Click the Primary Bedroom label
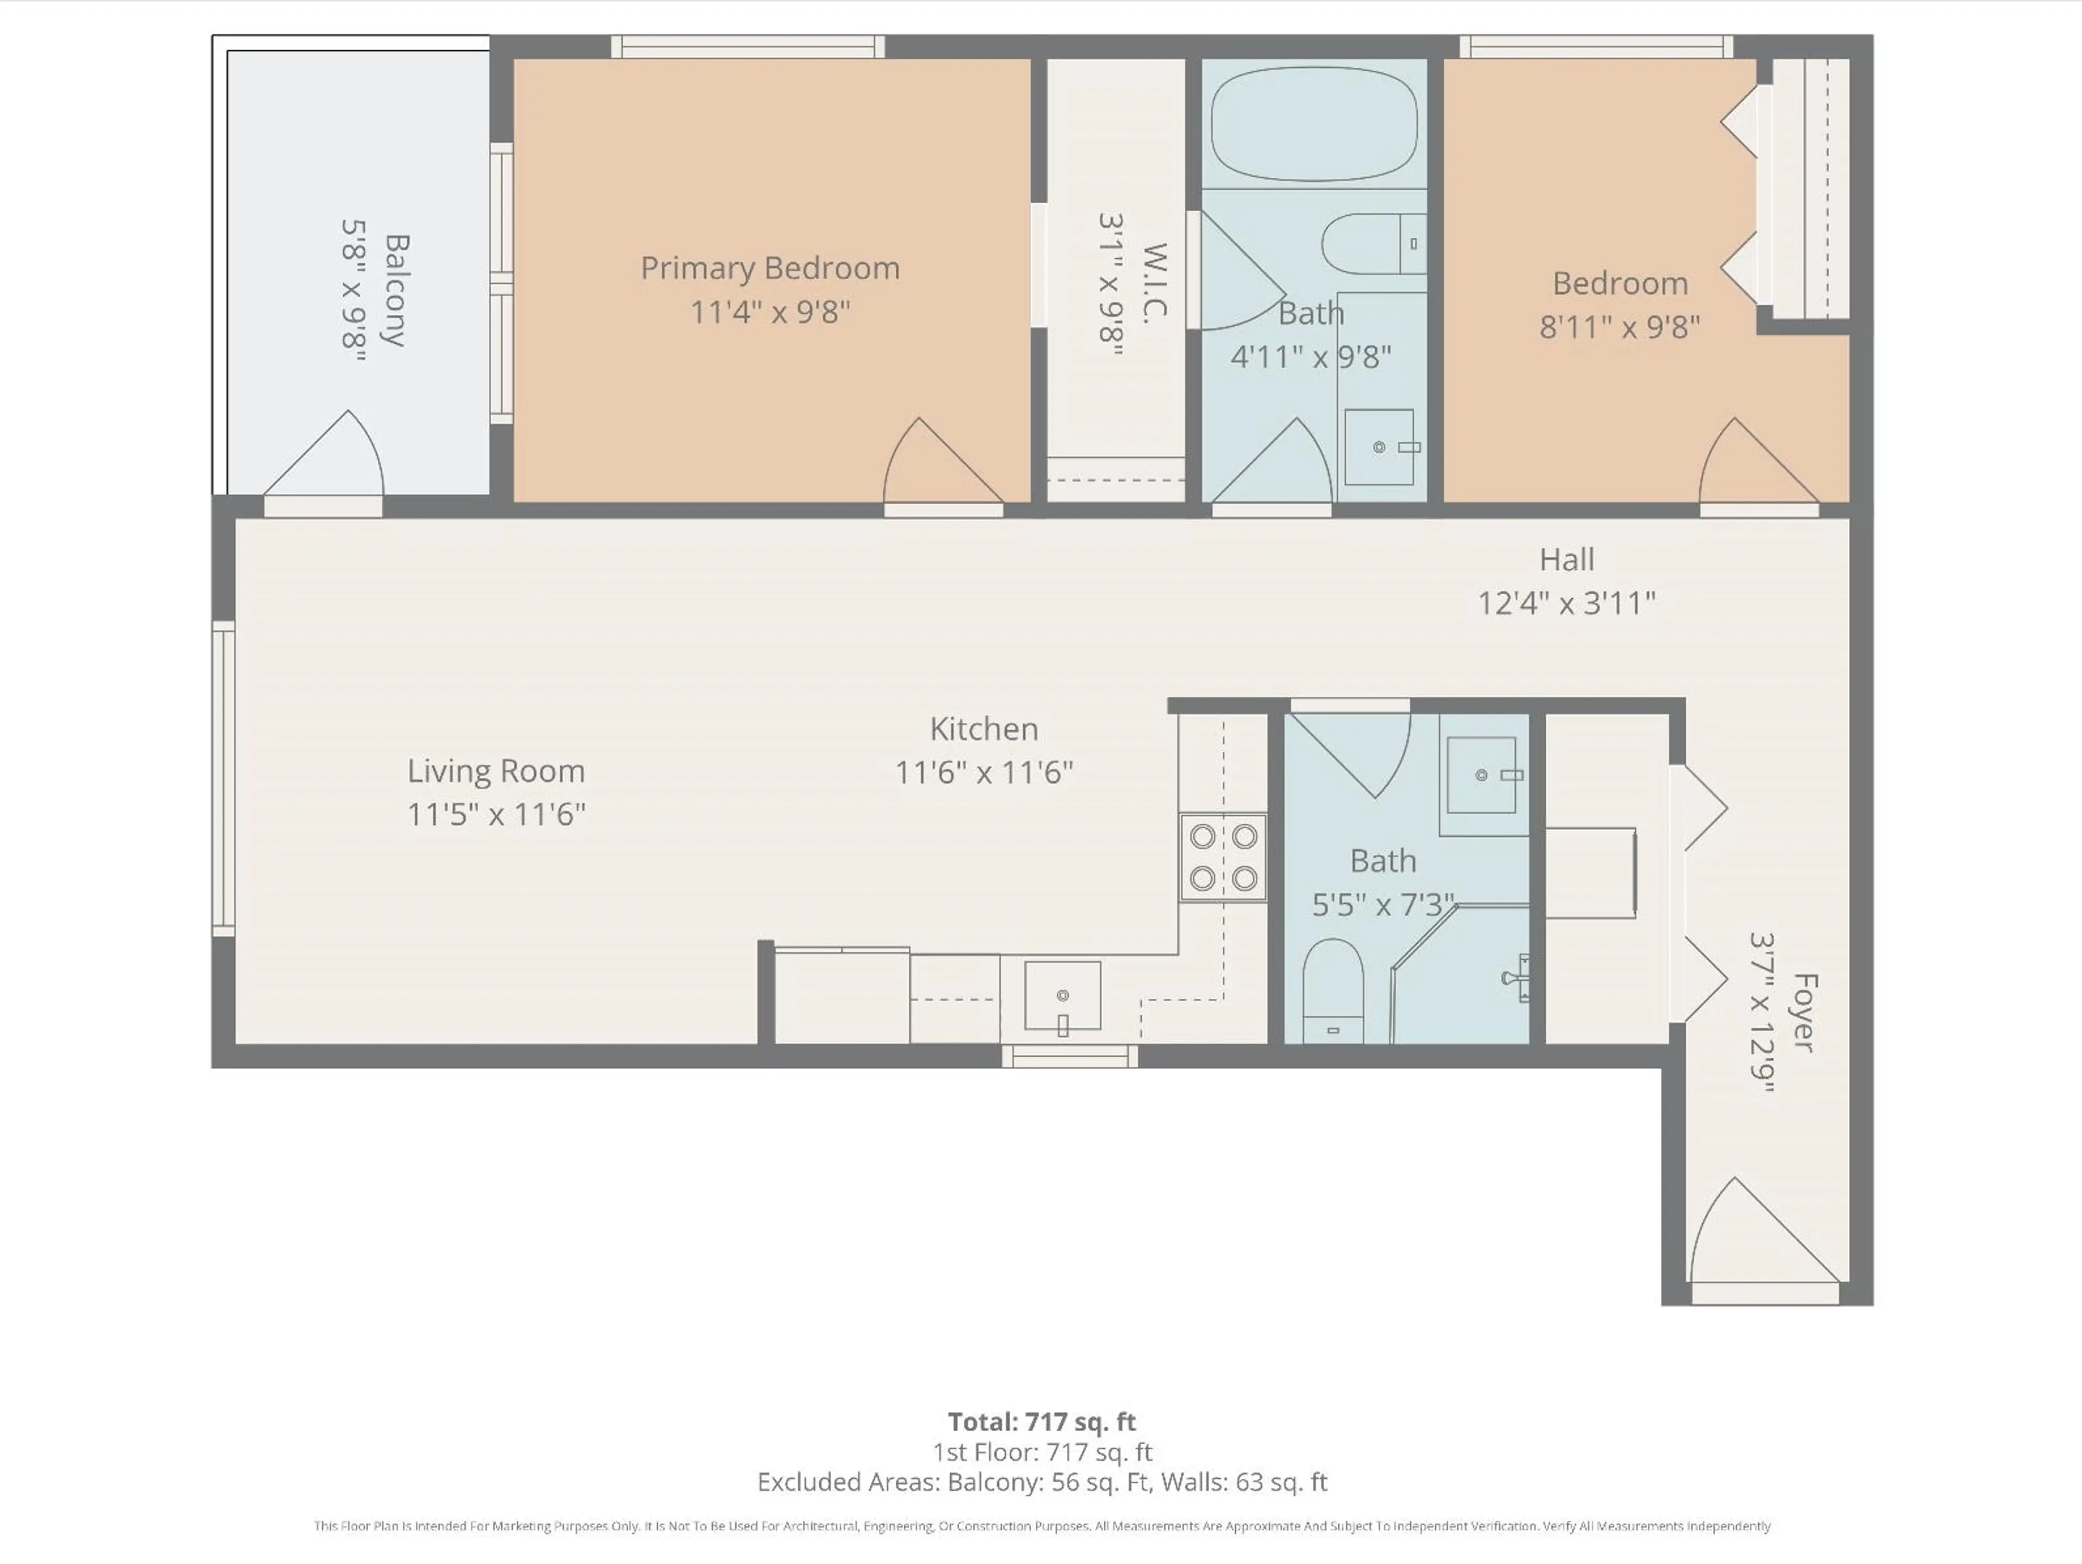tap(770, 268)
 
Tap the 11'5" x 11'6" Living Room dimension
tap(496, 814)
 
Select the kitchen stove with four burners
tap(1223, 857)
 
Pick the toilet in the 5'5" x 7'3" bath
tap(1333, 990)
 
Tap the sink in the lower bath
tap(1481, 775)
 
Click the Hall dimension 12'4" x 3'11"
tap(1566, 602)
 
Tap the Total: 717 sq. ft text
tap(1041, 1421)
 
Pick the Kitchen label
tap(984, 729)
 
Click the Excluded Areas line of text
tap(1041, 1482)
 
